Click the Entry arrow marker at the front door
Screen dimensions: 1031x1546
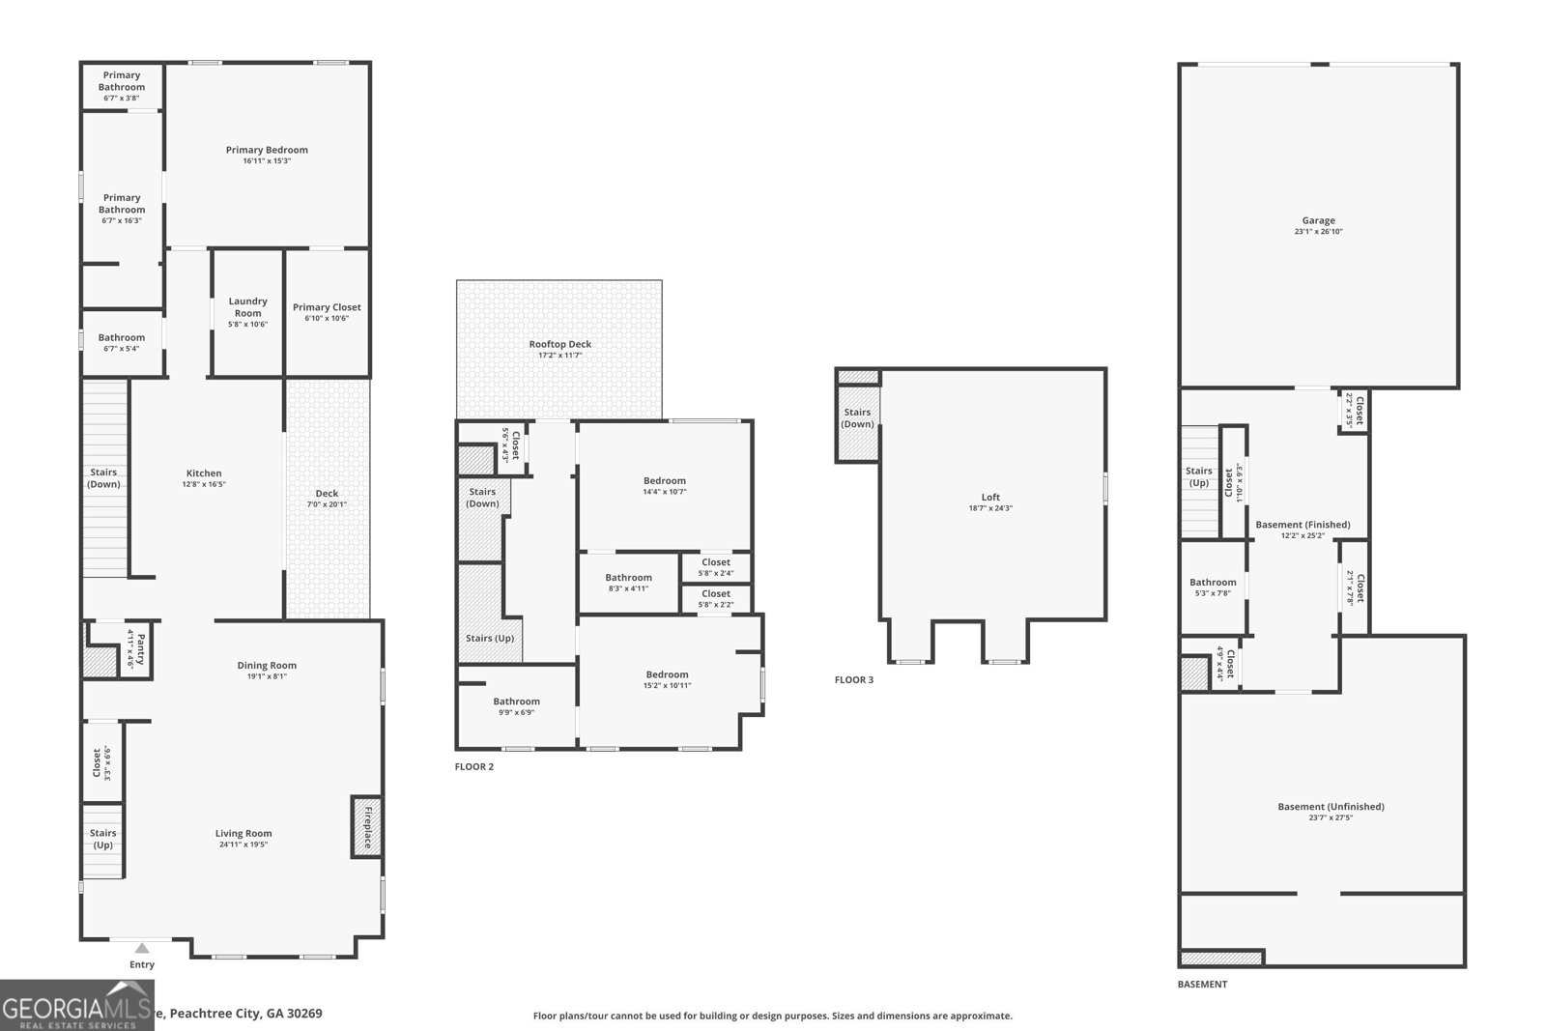pos(142,948)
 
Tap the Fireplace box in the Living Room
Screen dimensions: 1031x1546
pos(366,827)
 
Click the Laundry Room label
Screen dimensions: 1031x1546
pos(247,306)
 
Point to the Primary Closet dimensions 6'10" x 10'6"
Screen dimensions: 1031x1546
pos(327,319)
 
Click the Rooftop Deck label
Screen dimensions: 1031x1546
pos(559,344)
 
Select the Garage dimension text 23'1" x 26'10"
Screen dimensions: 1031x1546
pos(1318,232)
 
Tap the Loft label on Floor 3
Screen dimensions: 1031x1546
pos(990,497)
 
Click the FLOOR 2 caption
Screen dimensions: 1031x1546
pos(473,766)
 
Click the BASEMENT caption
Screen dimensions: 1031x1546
pos(1202,984)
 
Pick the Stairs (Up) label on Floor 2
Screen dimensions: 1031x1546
pos(490,638)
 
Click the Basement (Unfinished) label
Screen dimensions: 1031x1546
pos(1331,806)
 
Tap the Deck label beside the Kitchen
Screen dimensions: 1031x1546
pos(327,493)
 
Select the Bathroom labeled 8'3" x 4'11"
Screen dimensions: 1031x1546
pos(628,577)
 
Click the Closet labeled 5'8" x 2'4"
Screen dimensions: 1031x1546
pos(716,561)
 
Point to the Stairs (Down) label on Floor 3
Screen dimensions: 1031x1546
pos(857,417)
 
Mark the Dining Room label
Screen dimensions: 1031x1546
pos(267,665)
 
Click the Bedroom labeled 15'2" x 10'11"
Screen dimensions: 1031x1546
pos(667,674)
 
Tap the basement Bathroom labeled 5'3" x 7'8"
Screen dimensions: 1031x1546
pos(1212,582)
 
